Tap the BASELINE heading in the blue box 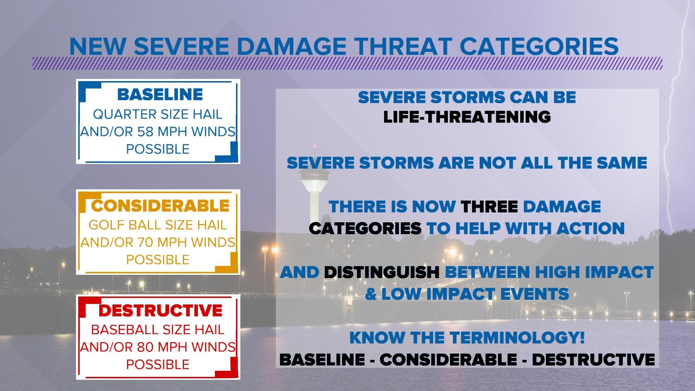[x=160, y=94]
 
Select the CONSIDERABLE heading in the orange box [x=160, y=206]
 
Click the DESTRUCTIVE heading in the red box [x=160, y=311]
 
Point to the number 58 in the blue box [x=145, y=132]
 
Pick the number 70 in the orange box [x=145, y=242]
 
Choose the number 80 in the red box [x=145, y=347]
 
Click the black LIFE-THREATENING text [x=467, y=117]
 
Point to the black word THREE [x=489, y=207]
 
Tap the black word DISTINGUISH [x=382, y=272]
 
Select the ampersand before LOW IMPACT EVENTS [x=371, y=294]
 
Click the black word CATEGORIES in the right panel [x=365, y=228]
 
